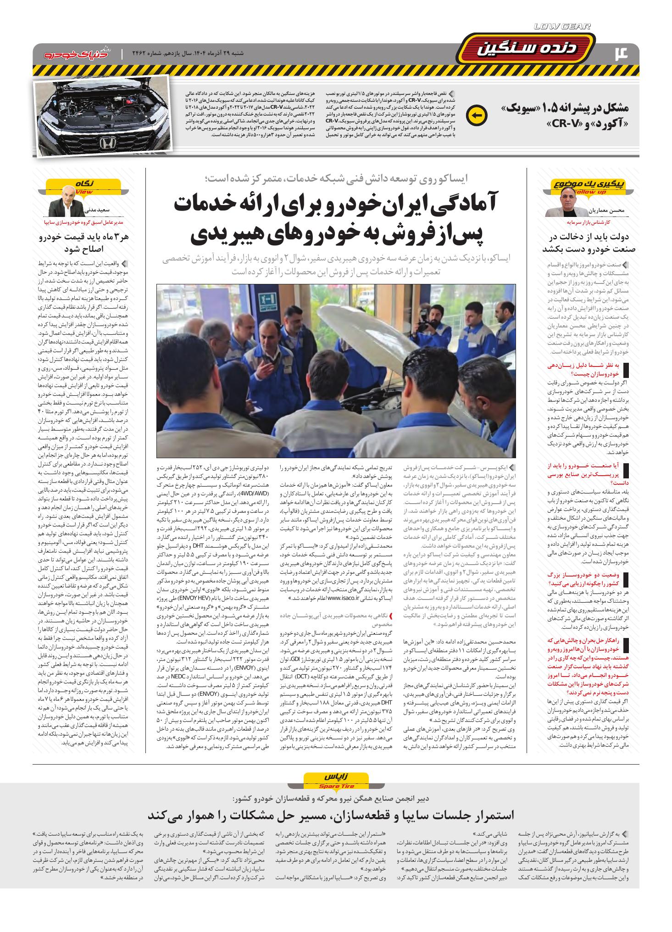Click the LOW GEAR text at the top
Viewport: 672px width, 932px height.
562,26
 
